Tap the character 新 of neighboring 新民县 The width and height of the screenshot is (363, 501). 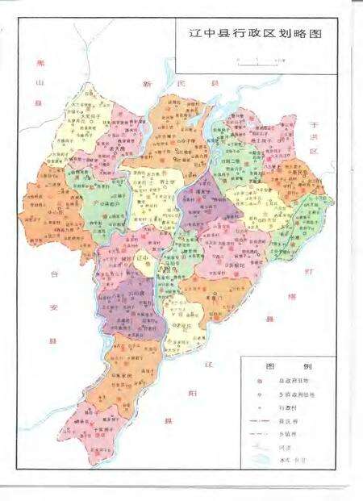tap(148, 83)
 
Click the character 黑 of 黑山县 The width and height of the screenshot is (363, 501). tap(35, 63)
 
